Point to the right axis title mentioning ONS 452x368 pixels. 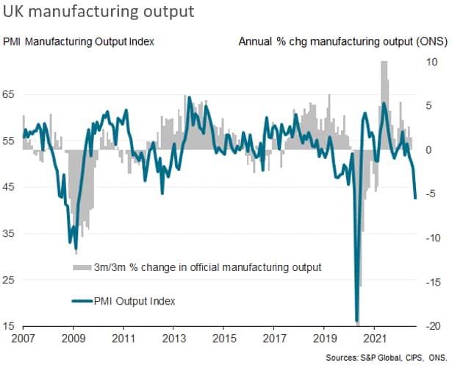342,41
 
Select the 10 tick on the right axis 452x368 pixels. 431,61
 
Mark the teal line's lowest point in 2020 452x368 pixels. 357,321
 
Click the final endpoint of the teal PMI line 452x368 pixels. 416,197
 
